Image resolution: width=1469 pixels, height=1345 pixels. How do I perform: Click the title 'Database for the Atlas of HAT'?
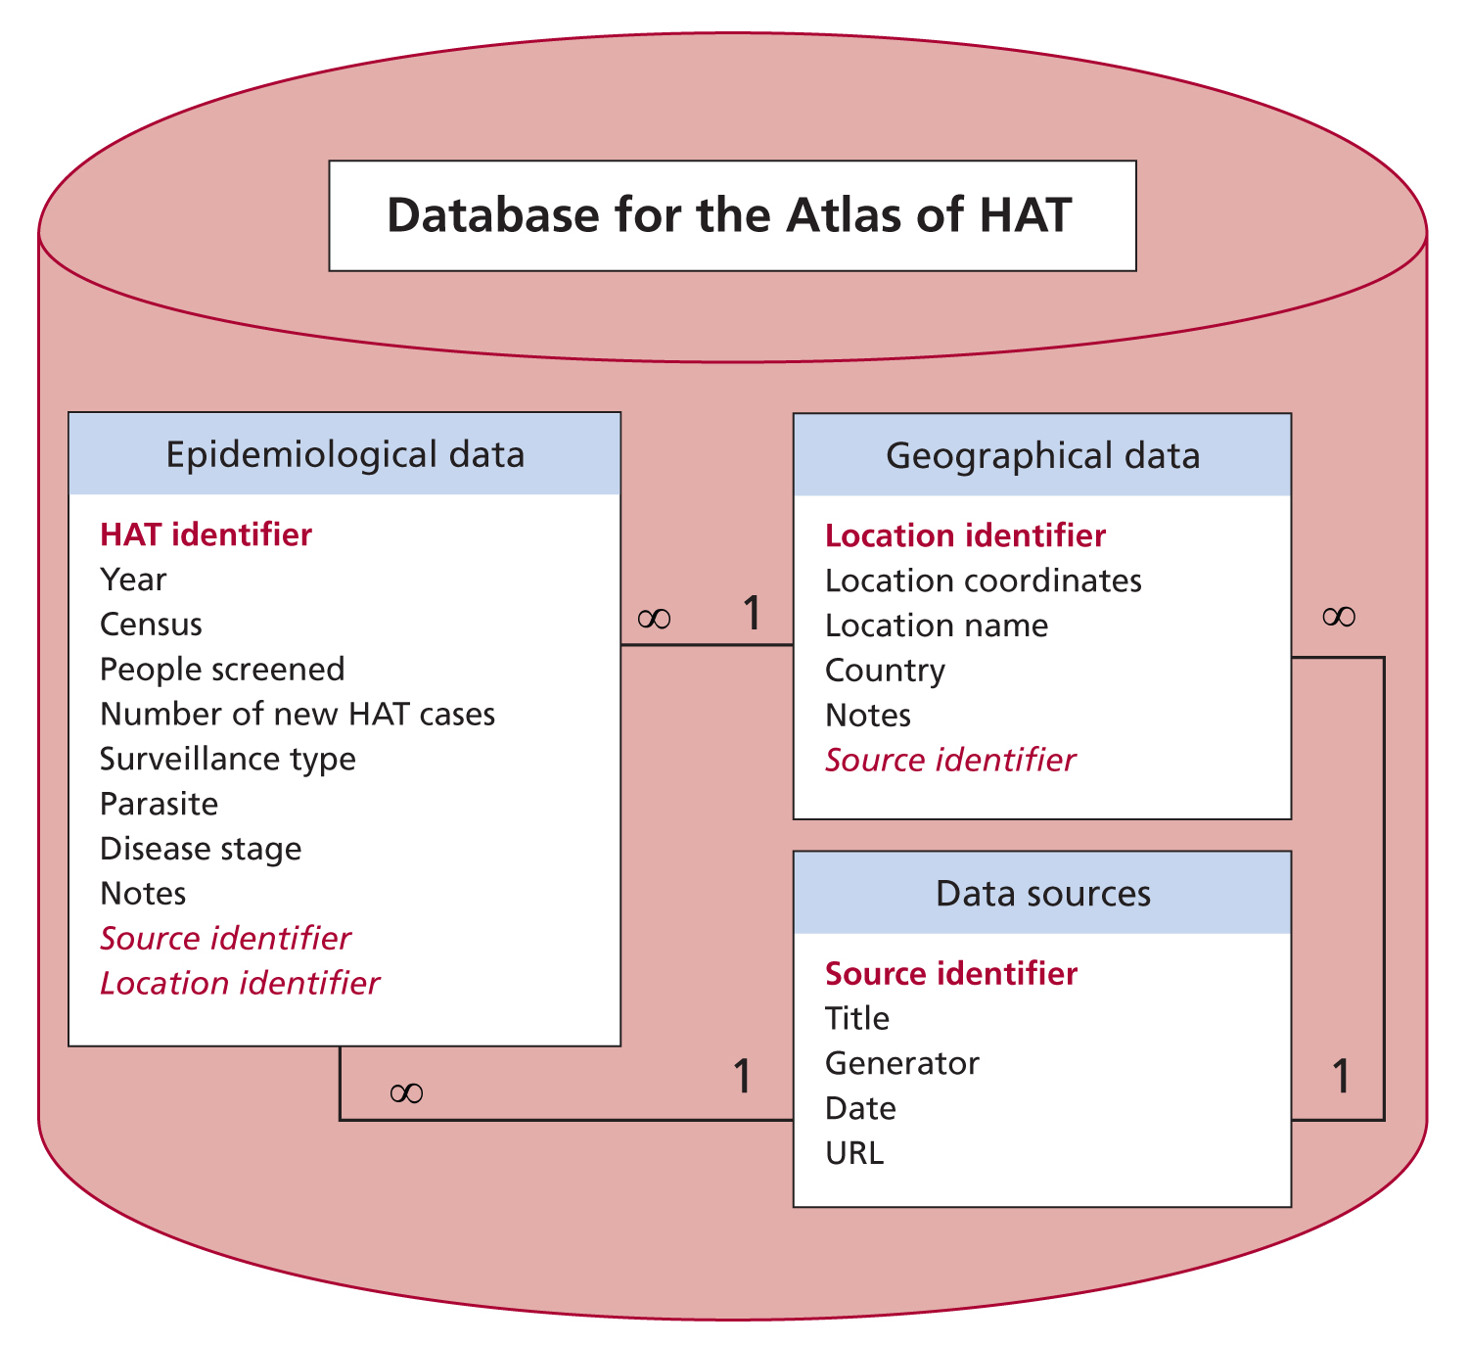pyautogui.click(x=729, y=215)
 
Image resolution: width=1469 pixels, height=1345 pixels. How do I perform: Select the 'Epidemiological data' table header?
pyautogui.click(x=344, y=455)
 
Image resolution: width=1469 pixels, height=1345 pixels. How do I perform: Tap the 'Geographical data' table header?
pyautogui.click(x=1043, y=455)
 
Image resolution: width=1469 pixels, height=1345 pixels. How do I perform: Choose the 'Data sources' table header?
pyautogui.click(x=1043, y=894)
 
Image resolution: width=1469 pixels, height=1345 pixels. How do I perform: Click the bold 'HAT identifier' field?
pyautogui.click(x=206, y=534)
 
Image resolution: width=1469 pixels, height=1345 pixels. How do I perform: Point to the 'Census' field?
pyautogui.click(x=151, y=625)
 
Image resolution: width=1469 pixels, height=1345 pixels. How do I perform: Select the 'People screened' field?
pyautogui.click(x=222, y=670)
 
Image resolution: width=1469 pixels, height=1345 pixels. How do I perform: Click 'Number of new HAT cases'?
pyautogui.click(x=298, y=715)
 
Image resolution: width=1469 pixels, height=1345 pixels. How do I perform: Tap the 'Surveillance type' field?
pyautogui.click(x=228, y=760)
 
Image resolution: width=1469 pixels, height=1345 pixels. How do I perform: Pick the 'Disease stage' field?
pyautogui.click(x=201, y=849)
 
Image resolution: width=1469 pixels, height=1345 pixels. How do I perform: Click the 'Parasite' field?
pyautogui.click(x=159, y=805)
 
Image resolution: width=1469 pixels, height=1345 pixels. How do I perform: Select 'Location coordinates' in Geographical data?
pyautogui.click(x=983, y=580)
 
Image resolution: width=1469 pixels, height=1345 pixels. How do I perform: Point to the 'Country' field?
pyautogui.click(x=885, y=672)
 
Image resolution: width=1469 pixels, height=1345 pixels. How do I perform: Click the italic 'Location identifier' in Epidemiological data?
pyautogui.click(x=240, y=984)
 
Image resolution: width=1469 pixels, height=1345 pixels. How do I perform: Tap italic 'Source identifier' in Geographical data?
pyautogui.click(x=949, y=761)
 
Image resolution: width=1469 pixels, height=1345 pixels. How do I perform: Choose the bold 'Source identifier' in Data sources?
pyautogui.click(x=951, y=974)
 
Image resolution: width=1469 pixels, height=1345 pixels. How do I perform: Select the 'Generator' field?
pyautogui.click(x=901, y=1064)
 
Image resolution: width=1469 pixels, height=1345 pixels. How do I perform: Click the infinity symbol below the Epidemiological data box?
pyautogui.click(x=406, y=1093)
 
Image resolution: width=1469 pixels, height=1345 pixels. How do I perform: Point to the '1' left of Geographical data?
pyautogui.click(x=752, y=613)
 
